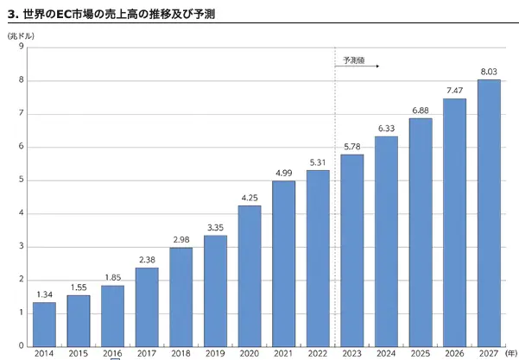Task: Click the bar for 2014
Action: pyautogui.click(x=44, y=325)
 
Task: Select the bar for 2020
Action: pyautogui.click(x=250, y=276)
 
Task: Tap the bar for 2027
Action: pyautogui.click(x=489, y=213)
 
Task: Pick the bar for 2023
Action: pyautogui.click(x=352, y=250)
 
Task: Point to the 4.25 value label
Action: pyautogui.click(x=250, y=198)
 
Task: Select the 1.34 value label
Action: pyautogui.click(x=44, y=294)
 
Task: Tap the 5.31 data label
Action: pyautogui.click(x=318, y=162)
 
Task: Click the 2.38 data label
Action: pyautogui.click(x=147, y=260)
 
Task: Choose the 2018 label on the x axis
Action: pyautogui.click(x=180, y=354)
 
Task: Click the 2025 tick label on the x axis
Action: pyautogui.click(x=421, y=354)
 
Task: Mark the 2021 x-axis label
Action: pyautogui.click(x=283, y=354)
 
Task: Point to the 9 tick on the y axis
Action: pyautogui.click(x=20, y=47)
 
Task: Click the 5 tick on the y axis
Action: pyautogui.click(x=20, y=180)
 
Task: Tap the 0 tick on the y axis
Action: pyautogui.click(x=20, y=346)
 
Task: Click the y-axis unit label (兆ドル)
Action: pyautogui.click(x=21, y=35)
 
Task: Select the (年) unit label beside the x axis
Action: pyautogui.click(x=511, y=354)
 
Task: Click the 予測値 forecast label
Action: pyautogui.click(x=354, y=60)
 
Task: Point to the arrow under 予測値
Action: pyautogui.click(x=357, y=66)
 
